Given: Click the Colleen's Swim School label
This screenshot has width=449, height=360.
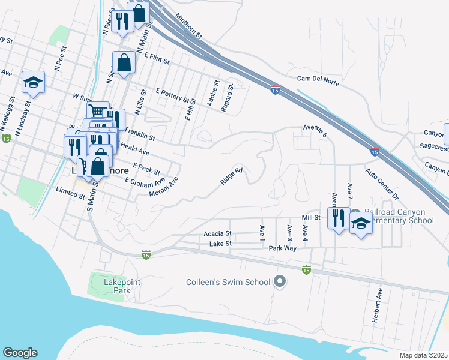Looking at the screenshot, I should tap(227, 281).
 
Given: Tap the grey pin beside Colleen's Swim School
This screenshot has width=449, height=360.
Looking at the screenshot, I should tap(279, 281).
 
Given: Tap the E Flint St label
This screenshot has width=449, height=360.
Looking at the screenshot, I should tap(157, 58).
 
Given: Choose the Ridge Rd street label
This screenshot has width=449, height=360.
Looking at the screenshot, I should tap(231, 175).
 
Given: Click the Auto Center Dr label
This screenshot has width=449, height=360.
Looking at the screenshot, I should tap(382, 184).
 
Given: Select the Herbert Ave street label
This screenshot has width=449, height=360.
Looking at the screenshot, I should tap(377, 305).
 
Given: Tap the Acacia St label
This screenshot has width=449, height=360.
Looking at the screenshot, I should tap(217, 233).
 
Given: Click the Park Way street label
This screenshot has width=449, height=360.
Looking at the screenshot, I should tap(283, 248).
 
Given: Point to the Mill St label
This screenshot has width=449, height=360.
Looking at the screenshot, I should tap(311, 218).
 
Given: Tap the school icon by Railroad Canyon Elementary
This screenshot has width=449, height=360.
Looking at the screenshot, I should tap(361, 224).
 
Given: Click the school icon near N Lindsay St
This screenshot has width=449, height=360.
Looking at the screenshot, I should tap(34, 82).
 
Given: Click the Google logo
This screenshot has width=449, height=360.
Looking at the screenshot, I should tap(20, 353).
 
